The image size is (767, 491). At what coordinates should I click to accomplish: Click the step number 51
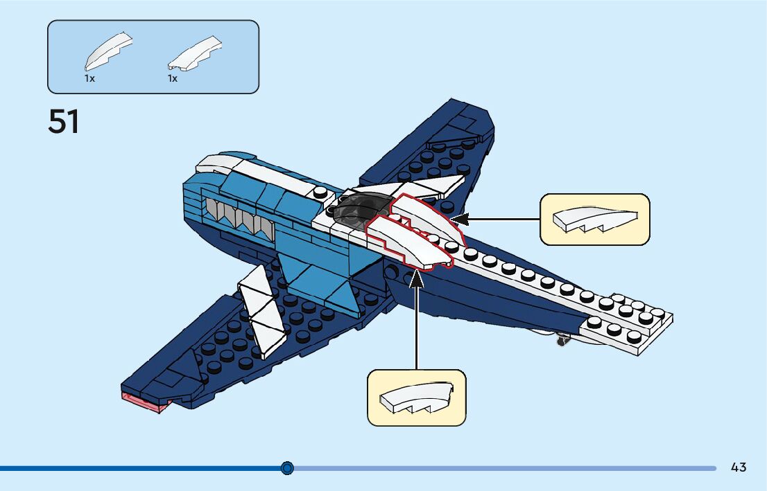[x=64, y=122]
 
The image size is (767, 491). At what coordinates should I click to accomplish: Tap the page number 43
[x=739, y=467]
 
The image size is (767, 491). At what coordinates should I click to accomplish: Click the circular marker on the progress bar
[x=288, y=468]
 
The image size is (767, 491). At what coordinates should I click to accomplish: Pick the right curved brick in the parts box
[x=196, y=53]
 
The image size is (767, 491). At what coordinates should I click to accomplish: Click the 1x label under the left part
[x=89, y=79]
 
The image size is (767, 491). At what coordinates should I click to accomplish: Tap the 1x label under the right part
[x=173, y=79]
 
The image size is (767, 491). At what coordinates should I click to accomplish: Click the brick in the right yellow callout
[x=594, y=220]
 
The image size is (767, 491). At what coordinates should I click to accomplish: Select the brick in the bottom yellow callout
[x=416, y=398]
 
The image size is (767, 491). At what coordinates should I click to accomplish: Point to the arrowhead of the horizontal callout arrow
[x=460, y=220]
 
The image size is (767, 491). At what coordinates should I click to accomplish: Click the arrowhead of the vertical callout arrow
[x=417, y=276]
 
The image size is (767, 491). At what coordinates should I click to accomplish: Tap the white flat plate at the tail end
[x=631, y=325]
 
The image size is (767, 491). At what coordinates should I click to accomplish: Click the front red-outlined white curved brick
[x=409, y=242]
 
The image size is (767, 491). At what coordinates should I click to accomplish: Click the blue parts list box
[x=153, y=57]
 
